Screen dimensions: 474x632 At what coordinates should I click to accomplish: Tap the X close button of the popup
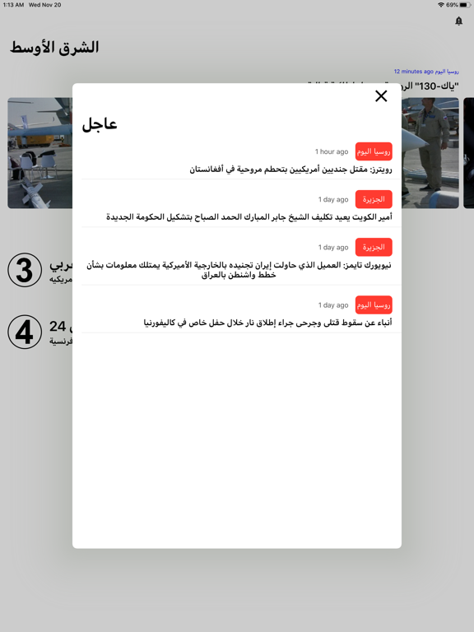[381, 96]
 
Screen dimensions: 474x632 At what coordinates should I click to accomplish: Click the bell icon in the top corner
[459, 21]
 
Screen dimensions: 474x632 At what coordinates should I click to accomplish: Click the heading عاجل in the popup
[100, 124]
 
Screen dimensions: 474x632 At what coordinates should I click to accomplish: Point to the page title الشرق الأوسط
[54, 48]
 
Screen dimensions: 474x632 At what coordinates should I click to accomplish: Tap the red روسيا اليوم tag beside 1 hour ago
[374, 151]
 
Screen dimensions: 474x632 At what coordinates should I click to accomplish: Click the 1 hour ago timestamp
[332, 151]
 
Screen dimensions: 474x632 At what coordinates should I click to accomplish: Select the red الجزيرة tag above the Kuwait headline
[374, 199]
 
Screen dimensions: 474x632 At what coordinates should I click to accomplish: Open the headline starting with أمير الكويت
[249, 217]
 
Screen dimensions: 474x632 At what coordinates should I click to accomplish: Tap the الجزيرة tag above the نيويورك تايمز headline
[374, 247]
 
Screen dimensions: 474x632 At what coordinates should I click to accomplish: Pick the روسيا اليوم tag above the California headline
[374, 304]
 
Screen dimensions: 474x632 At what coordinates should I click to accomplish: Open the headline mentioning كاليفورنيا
[267, 323]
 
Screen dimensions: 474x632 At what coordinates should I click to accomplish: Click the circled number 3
[25, 270]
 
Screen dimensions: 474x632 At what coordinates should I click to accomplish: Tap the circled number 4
[25, 332]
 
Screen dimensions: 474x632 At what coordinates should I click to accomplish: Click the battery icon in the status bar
[465, 5]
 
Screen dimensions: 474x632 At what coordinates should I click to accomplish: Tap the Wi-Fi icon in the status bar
[441, 5]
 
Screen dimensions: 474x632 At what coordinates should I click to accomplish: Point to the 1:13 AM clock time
[13, 5]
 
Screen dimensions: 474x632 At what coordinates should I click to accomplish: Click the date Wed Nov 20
[45, 5]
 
